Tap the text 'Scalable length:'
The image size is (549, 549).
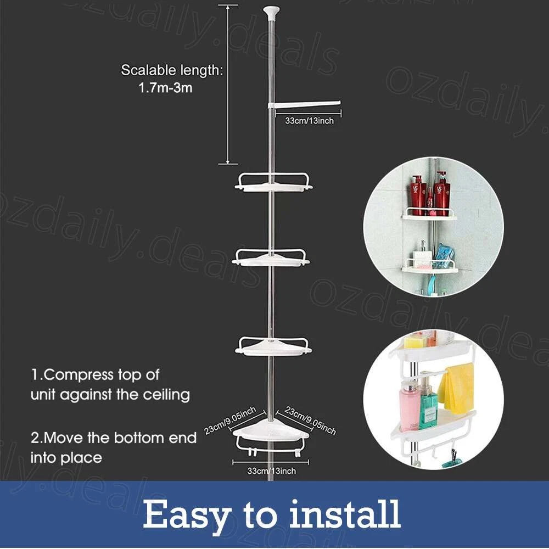171,70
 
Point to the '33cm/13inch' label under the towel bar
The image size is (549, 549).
309,120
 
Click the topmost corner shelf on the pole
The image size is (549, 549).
273,183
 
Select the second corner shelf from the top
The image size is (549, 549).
271,257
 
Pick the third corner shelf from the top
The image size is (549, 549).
273,345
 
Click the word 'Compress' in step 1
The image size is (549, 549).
77,376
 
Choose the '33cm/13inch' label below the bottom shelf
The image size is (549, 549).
272,471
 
